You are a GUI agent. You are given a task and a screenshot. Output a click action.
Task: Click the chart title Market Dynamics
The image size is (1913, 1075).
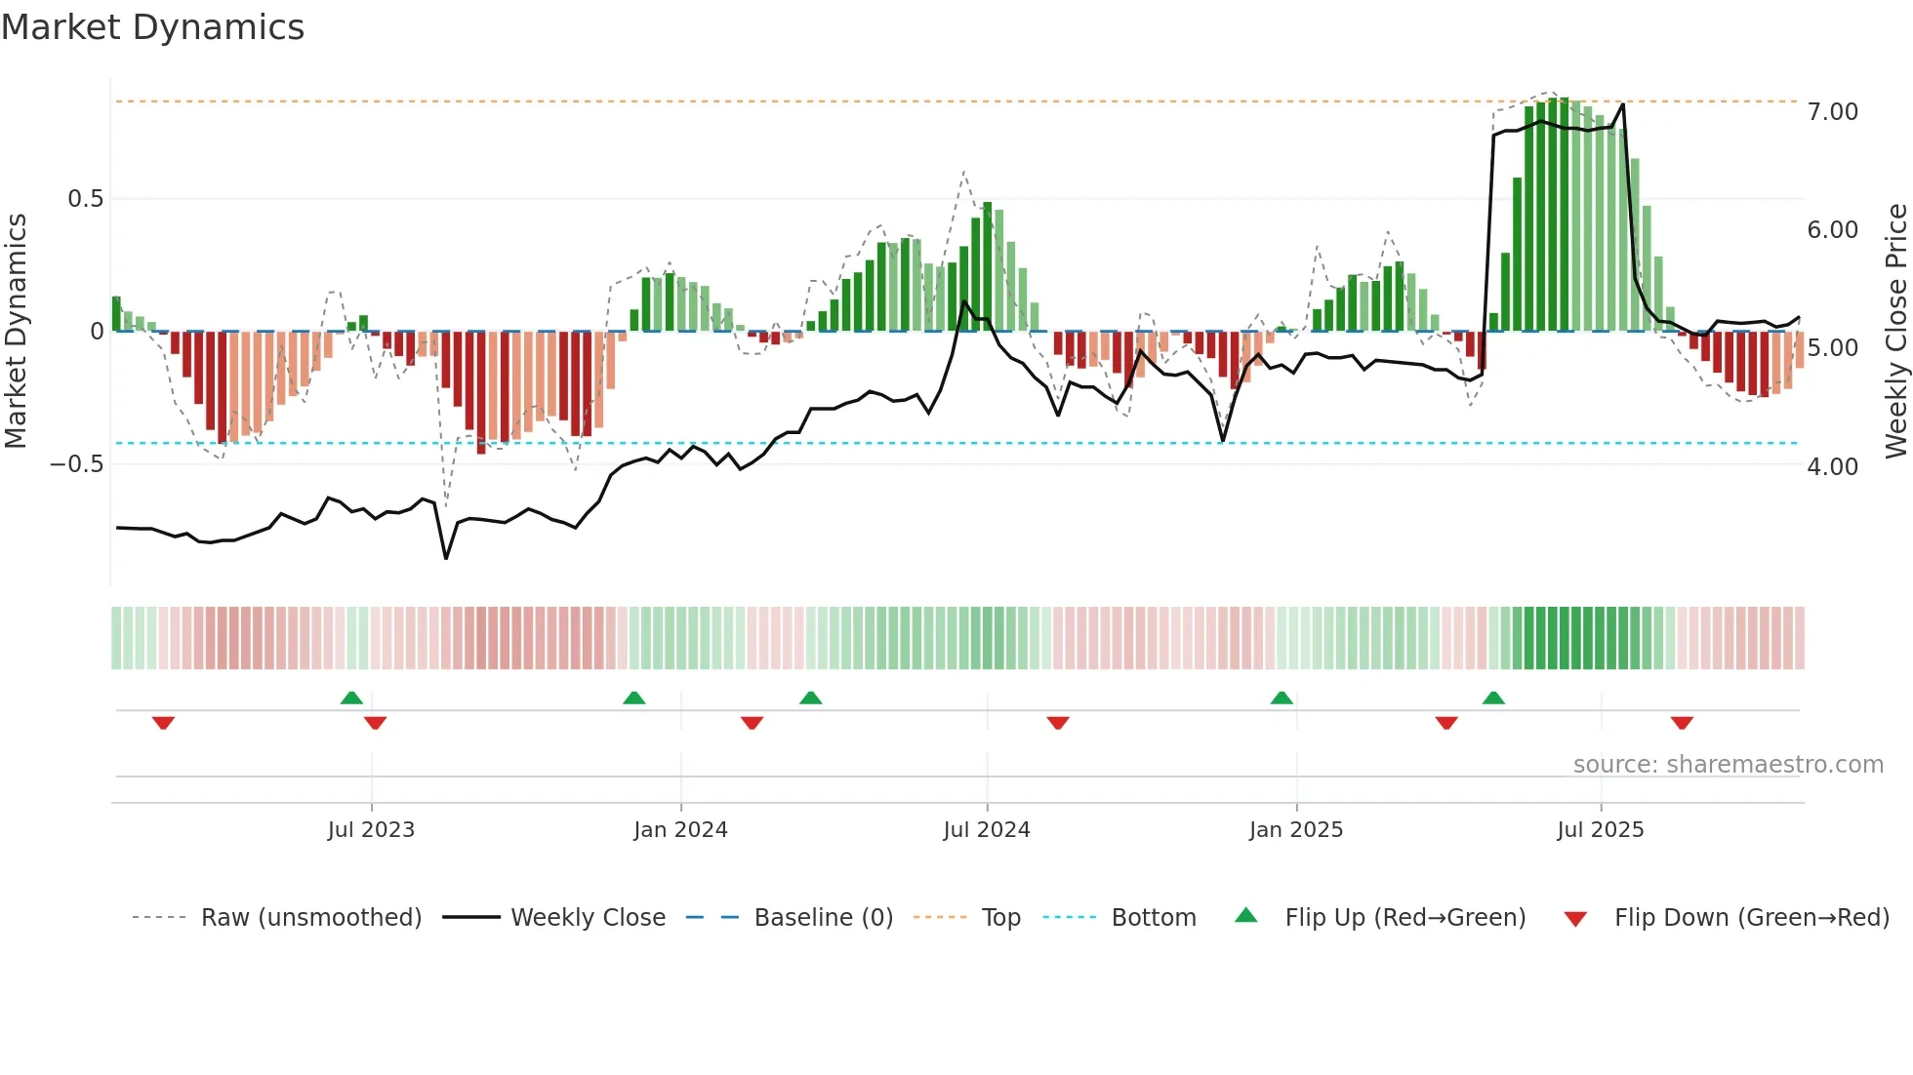tap(153, 27)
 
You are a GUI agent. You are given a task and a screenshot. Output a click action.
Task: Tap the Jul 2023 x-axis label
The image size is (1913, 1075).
tap(371, 830)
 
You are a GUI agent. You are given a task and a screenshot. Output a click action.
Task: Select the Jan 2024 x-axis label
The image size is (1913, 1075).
tap(680, 830)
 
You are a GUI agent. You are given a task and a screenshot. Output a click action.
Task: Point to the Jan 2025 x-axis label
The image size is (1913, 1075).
tap(1296, 830)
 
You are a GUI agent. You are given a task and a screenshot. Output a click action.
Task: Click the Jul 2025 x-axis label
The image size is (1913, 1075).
tap(1601, 830)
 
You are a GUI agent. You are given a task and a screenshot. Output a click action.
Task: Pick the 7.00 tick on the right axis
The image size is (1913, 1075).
tap(1832, 112)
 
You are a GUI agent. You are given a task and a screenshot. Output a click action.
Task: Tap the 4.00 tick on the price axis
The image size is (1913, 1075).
tap(1832, 467)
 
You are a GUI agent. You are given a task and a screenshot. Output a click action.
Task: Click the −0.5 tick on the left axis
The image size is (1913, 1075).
tap(76, 464)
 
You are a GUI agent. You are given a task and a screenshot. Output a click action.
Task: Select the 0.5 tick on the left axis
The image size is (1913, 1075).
tap(85, 199)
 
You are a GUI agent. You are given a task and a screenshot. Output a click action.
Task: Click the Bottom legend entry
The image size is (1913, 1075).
tap(1153, 918)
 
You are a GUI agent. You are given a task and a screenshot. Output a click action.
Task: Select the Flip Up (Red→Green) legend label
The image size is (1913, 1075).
tap(1404, 918)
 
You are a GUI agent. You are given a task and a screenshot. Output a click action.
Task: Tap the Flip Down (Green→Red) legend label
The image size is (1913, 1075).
tap(1751, 918)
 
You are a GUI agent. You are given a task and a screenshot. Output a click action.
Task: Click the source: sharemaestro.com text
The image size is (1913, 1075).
tap(1728, 765)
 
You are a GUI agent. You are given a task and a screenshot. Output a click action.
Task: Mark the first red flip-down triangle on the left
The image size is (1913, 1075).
tap(163, 723)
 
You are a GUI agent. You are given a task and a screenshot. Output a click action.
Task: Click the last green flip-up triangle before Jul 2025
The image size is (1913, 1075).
tap(1493, 697)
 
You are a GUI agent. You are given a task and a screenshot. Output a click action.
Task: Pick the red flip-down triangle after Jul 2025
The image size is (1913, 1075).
tap(1682, 723)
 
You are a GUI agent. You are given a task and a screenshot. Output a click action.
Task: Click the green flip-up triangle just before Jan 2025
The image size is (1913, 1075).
tap(1282, 697)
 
